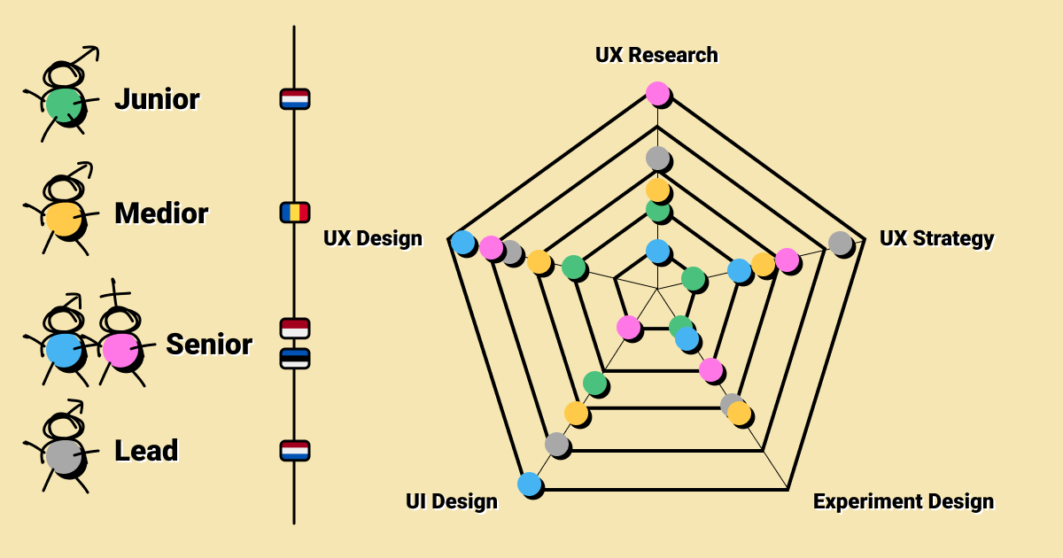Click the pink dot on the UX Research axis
tap(657, 93)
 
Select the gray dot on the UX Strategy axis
tap(840, 242)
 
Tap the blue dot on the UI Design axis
tap(529, 484)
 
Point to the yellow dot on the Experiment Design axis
tap(739, 414)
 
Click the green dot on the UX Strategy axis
tap(694, 279)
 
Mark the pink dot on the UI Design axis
tap(628, 327)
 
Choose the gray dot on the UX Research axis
tap(657, 159)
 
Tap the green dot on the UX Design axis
tap(573, 267)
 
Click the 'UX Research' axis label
tap(656, 55)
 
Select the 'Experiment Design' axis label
tap(903, 501)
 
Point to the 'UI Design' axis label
tap(451, 501)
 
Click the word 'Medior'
tap(161, 213)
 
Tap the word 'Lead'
tap(146, 451)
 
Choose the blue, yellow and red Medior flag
tap(294, 213)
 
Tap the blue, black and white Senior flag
tap(294, 358)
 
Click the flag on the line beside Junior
tap(294, 98)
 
